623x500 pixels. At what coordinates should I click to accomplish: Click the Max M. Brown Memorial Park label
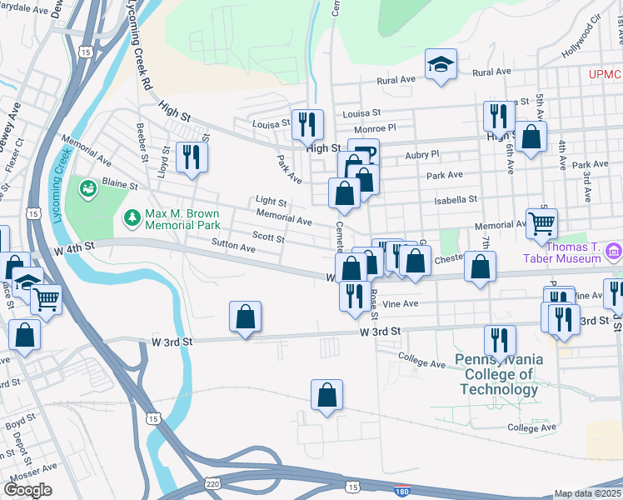tap(182, 219)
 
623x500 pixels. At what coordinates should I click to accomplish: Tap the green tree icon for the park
tap(132, 218)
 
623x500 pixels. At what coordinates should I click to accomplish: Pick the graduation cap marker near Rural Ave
tap(440, 65)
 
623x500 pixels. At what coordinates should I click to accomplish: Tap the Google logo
tap(27, 489)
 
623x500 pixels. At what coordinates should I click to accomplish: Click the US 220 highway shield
tap(213, 482)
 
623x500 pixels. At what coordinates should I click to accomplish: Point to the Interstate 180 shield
tap(402, 492)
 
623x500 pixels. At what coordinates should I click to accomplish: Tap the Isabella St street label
tap(460, 200)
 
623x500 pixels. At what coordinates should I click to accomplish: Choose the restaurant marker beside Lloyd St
tap(192, 157)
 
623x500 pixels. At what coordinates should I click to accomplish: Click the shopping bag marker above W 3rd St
tap(245, 317)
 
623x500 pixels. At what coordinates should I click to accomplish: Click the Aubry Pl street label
tap(421, 155)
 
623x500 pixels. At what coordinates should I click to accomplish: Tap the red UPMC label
tap(606, 75)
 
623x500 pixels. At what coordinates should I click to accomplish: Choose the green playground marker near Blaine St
tap(87, 189)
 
